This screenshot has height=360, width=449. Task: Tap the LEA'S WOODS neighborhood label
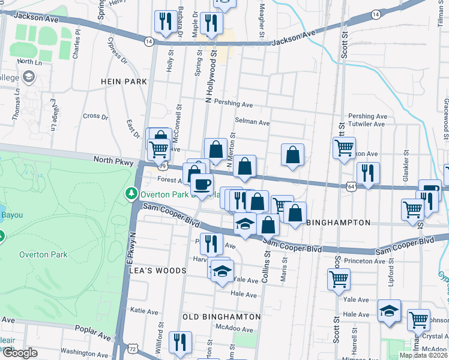[158, 271]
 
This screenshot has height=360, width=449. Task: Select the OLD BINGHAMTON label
[222, 316]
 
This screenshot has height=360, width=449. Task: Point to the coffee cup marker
[202, 184]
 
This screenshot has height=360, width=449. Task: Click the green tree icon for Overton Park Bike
[131, 194]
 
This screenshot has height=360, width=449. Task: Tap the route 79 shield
[163, 166]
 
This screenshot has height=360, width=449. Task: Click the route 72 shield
[132, 347]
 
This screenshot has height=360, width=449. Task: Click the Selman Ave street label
[252, 122]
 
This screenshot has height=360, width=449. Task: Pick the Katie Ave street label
[144, 310]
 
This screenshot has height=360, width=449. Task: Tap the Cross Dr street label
[95, 116]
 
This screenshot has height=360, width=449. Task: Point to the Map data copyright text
[423, 355]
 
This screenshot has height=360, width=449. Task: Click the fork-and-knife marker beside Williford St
[180, 343]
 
